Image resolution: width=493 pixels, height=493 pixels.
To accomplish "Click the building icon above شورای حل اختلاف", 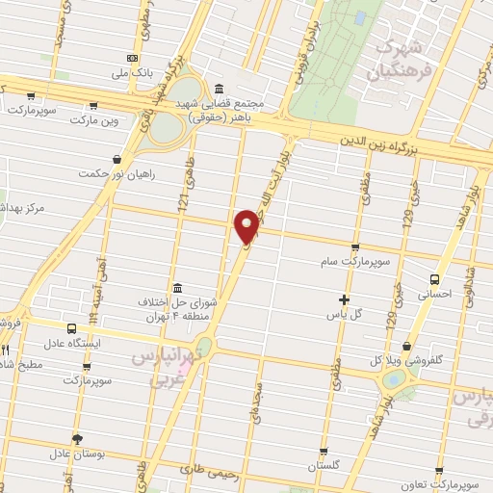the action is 177,288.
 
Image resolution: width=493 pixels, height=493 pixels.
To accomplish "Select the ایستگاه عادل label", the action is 70,342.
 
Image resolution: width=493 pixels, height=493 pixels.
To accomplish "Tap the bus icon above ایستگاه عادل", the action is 70,328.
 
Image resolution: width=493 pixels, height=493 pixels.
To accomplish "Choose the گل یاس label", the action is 345,314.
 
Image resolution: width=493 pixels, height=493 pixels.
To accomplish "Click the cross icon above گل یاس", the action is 345,299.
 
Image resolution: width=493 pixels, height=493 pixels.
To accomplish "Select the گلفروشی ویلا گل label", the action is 407,360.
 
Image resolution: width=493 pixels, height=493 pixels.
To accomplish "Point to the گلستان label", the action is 324,465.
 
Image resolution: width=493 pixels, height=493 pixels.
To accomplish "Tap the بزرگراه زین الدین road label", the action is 381,142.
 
